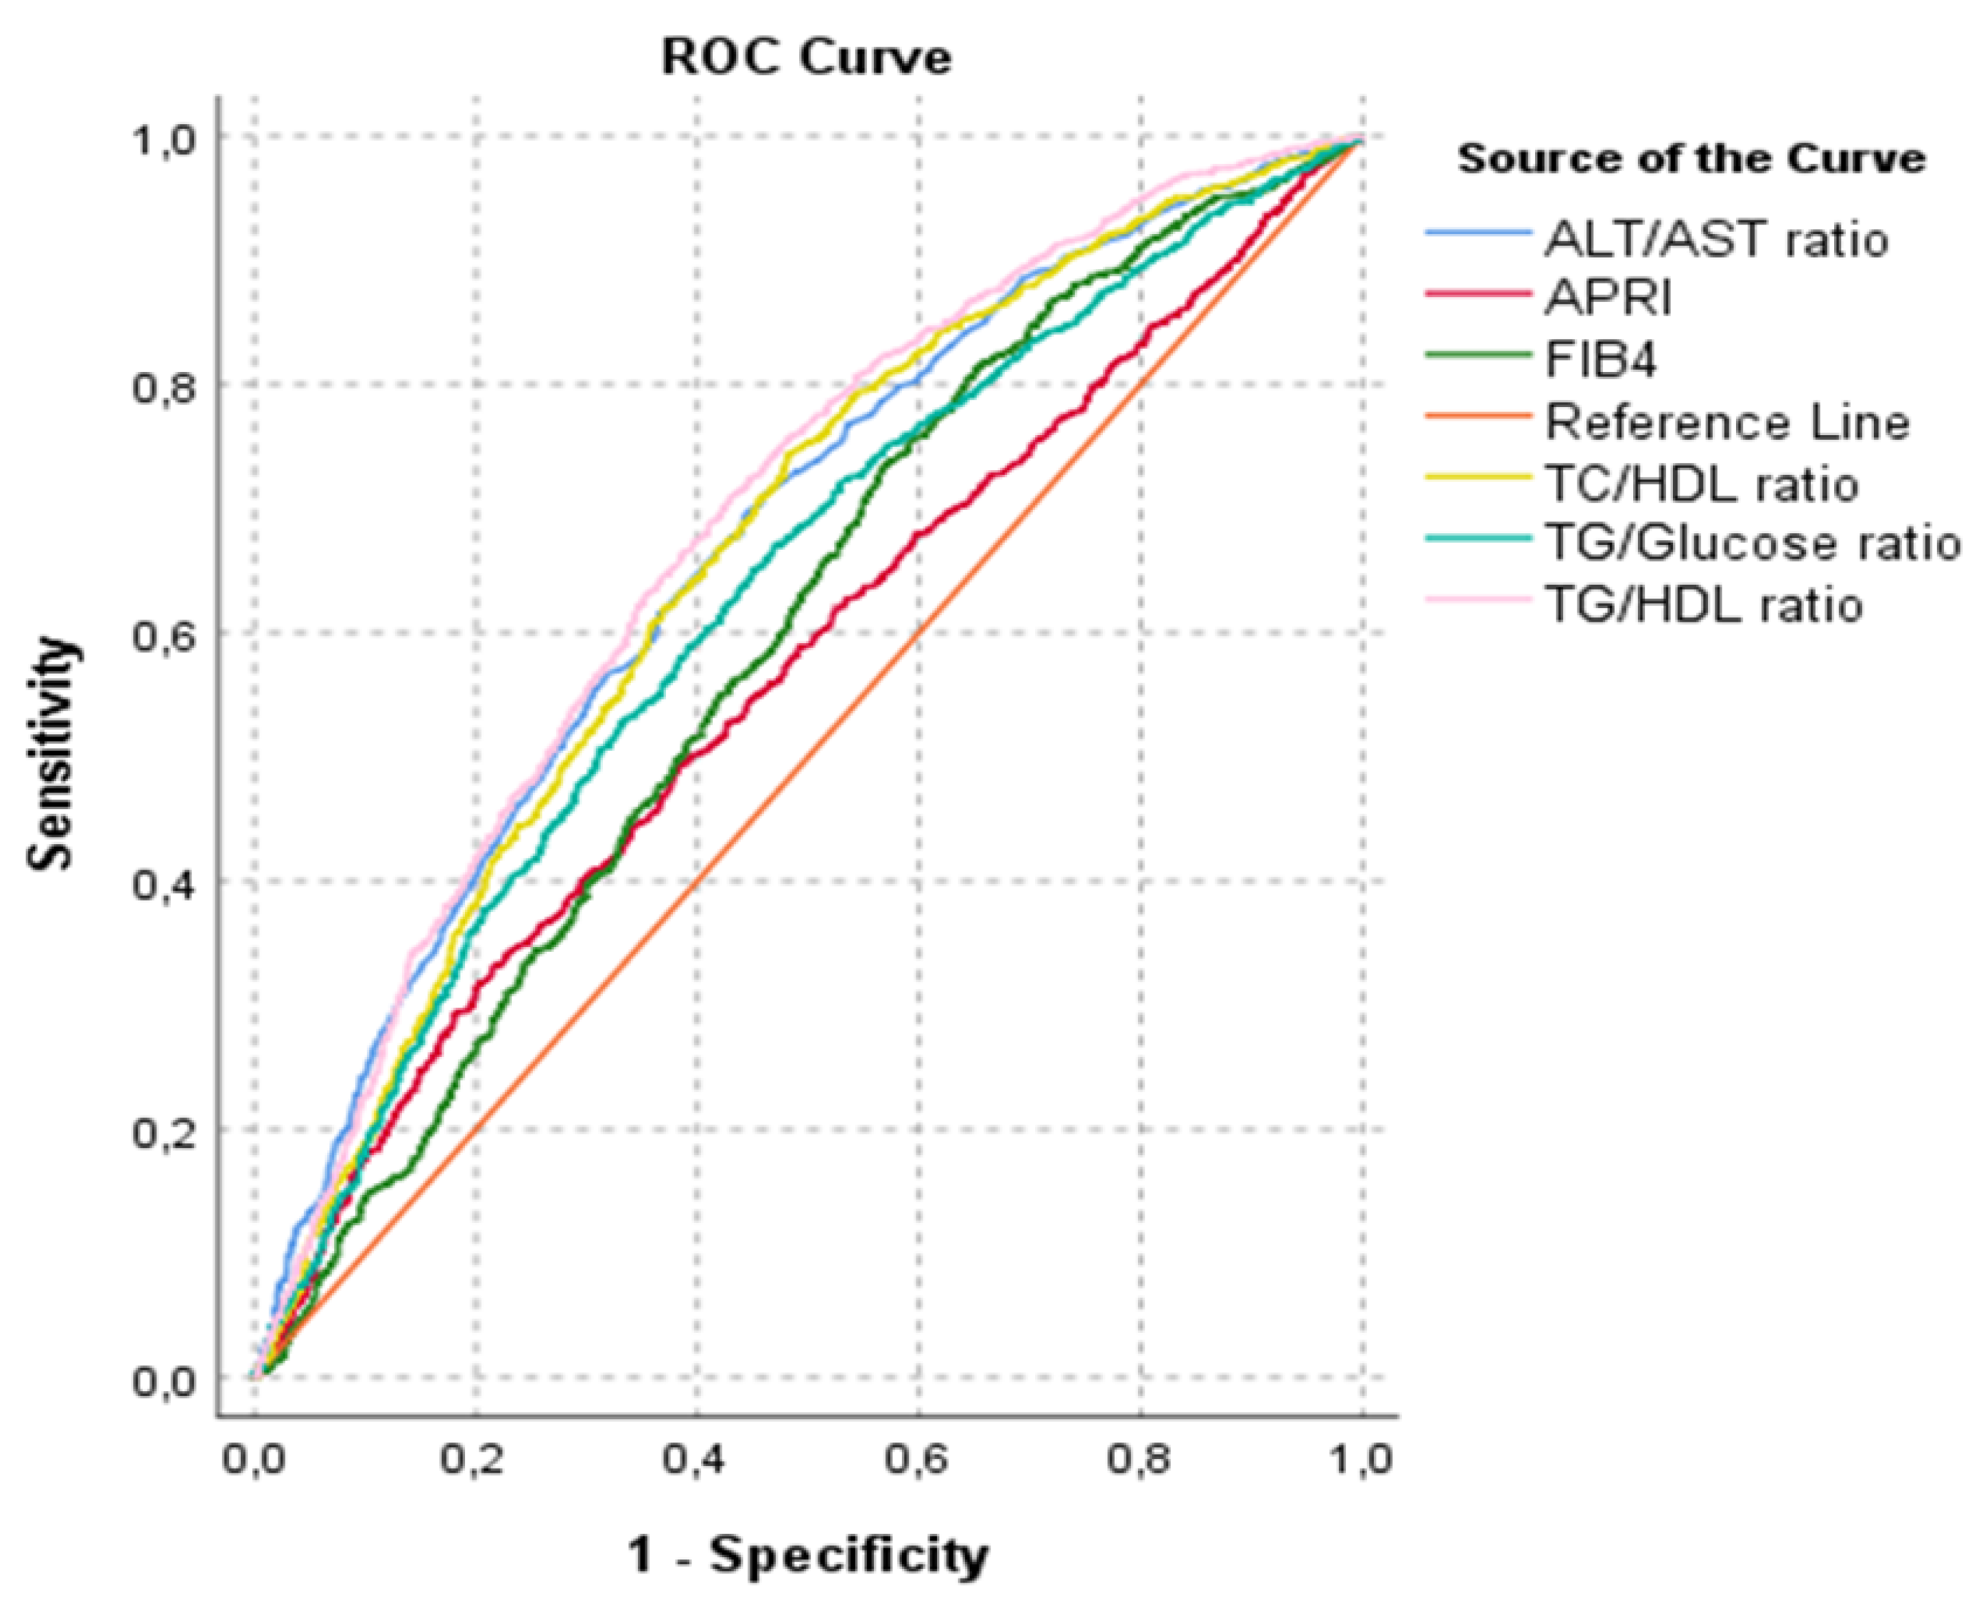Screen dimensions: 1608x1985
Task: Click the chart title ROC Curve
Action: pyautogui.click(x=805, y=58)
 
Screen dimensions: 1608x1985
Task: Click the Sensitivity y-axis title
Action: pyautogui.click(x=50, y=753)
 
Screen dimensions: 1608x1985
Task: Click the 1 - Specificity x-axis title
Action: pyautogui.click(x=807, y=1555)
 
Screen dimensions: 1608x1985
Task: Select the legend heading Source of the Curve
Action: pyautogui.click(x=1691, y=159)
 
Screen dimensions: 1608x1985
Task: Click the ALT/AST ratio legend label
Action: pyautogui.click(x=1715, y=240)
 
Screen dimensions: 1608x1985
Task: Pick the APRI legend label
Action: pyautogui.click(x=1608, y=299)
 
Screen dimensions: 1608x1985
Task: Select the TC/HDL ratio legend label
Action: pyautogui.click(x=1702, y=484)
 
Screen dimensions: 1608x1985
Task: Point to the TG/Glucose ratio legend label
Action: pyautogui.click(x=1752, y=544)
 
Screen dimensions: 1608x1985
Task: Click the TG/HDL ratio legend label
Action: pyautogui.click(x=1704, y=605)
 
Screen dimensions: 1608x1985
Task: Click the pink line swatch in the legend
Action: pyautogui.click(x=1477, y=599)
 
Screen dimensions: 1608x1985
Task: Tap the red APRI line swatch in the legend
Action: pyautogui.click(x=1477, y=294)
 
